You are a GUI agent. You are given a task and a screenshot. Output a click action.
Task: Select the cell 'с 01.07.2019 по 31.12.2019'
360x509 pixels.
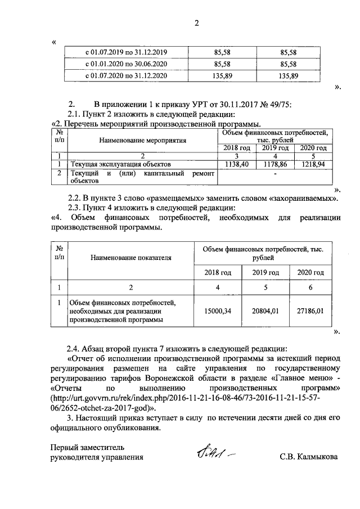tap(126, 52)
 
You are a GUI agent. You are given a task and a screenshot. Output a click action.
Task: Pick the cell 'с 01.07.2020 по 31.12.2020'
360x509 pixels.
tap(126, 75)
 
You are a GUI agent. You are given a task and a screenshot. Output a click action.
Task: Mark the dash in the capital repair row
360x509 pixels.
tap(275, 175)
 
